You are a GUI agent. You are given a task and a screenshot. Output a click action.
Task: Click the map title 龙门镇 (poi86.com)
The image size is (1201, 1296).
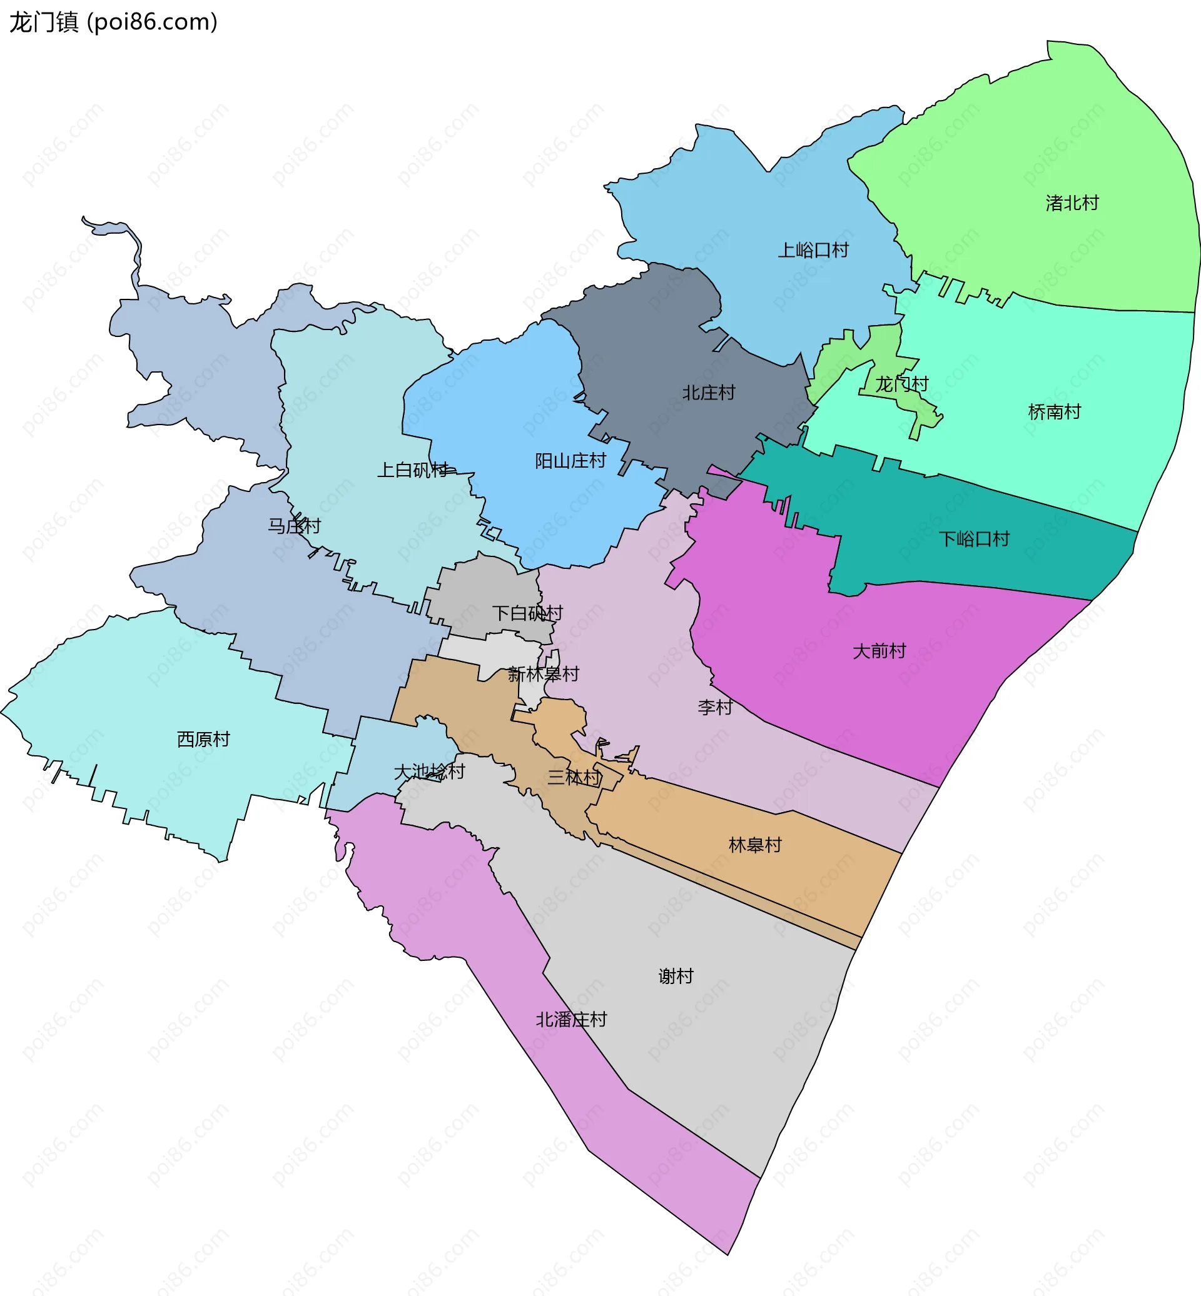[113, 22]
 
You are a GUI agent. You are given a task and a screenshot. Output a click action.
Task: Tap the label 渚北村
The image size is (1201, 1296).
[1072, 203]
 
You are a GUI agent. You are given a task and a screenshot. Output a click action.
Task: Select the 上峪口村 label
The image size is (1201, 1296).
[813, 250]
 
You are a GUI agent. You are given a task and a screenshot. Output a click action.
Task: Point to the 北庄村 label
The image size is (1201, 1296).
[708, 393]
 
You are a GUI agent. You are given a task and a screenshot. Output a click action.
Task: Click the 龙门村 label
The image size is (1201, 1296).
[901, 384]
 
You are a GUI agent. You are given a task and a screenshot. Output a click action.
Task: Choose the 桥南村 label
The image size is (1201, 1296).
[1054, 412]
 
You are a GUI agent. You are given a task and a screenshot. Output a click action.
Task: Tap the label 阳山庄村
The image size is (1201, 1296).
[570, 461]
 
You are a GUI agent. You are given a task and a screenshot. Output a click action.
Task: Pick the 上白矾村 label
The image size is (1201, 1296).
[413, 470]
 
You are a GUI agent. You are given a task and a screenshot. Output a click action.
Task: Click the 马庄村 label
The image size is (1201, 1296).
[295, 526]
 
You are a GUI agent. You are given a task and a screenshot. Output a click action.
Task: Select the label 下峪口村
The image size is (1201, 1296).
[973, 539]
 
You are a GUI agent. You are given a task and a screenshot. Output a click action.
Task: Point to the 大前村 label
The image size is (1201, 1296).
[879, 651]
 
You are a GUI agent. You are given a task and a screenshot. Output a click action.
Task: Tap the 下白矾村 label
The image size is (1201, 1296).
[527, 613]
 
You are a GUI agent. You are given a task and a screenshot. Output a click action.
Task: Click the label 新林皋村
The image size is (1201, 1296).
[544, 675]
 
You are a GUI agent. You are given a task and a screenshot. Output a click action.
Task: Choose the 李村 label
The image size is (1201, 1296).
[715, 708]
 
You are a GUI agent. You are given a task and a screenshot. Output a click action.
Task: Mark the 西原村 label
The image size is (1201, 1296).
[203, 739]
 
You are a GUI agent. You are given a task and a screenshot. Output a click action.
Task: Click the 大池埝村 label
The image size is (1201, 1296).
[430, 771]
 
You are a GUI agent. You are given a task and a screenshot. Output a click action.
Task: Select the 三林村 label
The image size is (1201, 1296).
[574, 778]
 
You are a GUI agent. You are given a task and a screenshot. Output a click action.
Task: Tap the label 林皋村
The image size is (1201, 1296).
[755, 845]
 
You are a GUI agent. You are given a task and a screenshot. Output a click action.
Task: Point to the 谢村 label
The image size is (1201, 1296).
[676, 977]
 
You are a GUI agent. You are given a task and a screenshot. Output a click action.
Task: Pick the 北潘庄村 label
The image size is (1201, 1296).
[571, 1020]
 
